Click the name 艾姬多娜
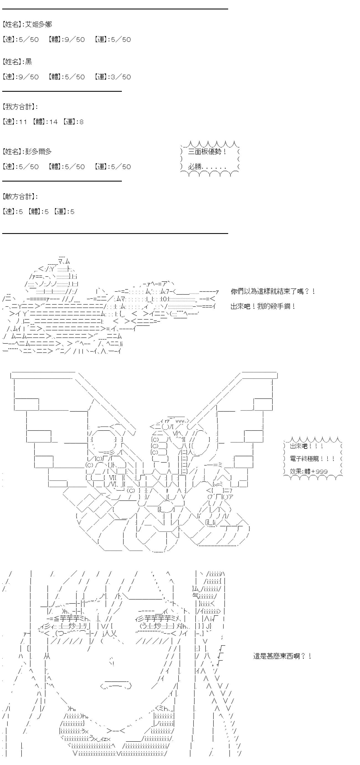tap(38, 24)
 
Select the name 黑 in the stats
tap(29, 62)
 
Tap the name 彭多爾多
tap(38, 151)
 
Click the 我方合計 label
tap(18, 107)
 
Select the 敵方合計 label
tap(18, 196)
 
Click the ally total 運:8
tap(73, 122)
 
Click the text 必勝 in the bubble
tap(195, 166)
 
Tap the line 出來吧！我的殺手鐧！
tap(263, 306)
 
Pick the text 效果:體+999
tap(309, 471)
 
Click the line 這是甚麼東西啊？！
tap(282, 656)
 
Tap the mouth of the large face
tap(116, 686)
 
